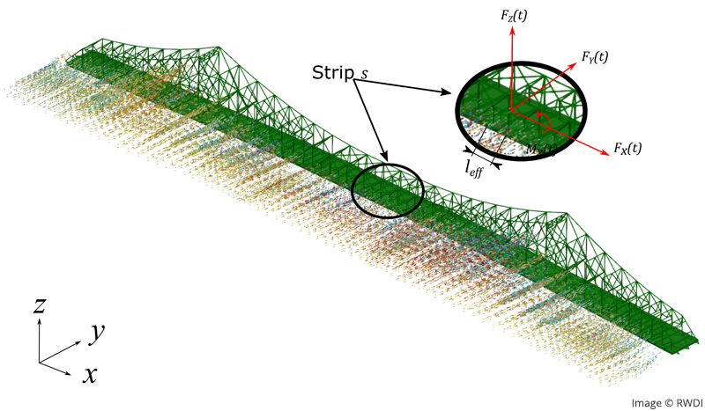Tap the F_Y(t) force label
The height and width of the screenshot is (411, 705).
coord(595,56)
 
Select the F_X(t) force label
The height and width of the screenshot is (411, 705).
coord(629,146)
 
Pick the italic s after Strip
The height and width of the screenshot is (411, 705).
coord(363,76)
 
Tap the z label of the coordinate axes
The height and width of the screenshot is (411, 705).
coord(40,305)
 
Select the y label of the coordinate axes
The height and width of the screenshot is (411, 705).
coord(97,332)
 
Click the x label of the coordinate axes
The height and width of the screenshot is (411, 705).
coord(89,374)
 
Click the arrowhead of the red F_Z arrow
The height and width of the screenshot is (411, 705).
coord(510,24)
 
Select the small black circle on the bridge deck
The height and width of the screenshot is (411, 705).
coord(388,188)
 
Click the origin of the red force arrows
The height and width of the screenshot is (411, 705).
coord(511,109)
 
